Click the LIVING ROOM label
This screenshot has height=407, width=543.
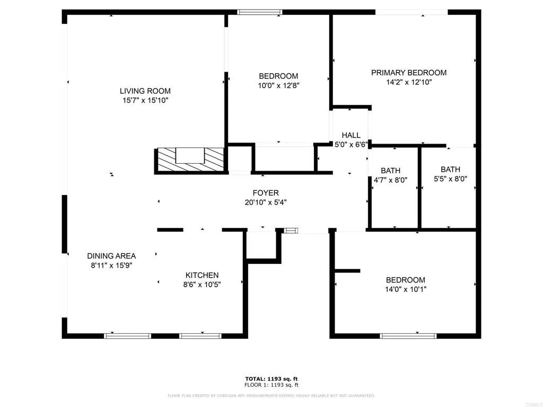point(145,91)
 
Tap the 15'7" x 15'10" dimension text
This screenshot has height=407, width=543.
point(145,100)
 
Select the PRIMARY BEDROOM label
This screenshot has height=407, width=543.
point(408,73)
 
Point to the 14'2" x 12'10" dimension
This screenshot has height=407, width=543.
point(408,82)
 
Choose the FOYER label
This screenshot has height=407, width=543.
point(265,193)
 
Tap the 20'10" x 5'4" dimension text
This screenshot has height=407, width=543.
point(265,202)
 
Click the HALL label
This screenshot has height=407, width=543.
point(351,135)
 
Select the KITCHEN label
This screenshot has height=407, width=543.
point(202,275)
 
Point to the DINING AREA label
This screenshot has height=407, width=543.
point(111,256)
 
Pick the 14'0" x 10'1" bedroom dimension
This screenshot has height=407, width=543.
point(405,289)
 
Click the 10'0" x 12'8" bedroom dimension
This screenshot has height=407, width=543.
point(278,85)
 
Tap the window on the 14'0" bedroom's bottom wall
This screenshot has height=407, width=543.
point(408,335)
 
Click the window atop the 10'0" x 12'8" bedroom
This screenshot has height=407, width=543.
point(259,12)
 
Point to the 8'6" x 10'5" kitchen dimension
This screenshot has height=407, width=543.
point(202,285)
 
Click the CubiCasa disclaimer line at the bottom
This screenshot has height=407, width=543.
point(271,395)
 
